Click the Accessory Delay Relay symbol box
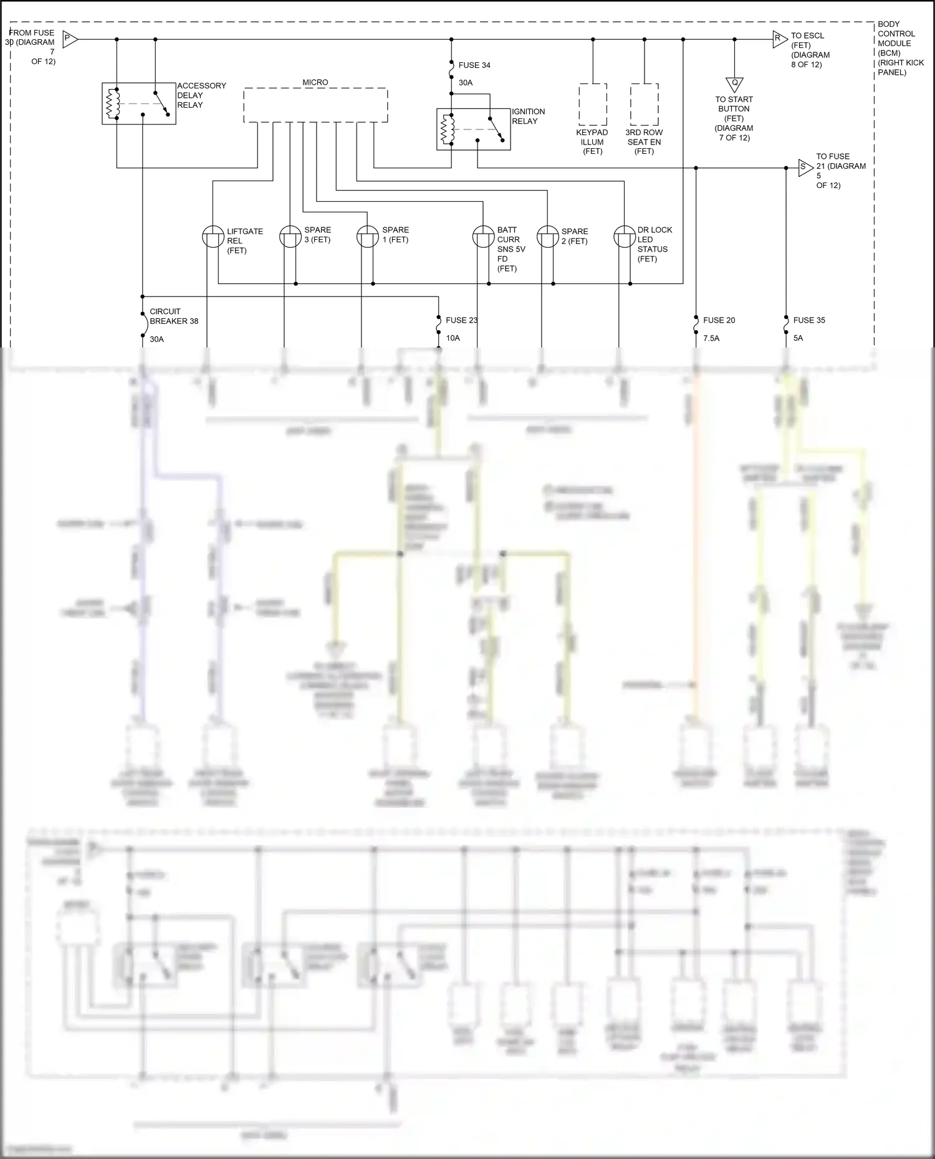click(138, 103)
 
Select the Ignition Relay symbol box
click(473, 129)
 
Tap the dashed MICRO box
click(315, 105)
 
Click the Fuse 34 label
click(474, 65)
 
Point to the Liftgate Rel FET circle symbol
click(213, 237)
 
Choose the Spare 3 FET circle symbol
click(290, 237)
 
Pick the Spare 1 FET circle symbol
click(368, 237)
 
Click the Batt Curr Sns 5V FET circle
click(483, 237)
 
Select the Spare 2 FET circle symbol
click(547, 237)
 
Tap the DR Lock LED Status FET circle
click(625, 237)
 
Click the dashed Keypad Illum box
click(593, 105)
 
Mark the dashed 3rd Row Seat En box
click(644, 105)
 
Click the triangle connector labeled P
click(70, 39)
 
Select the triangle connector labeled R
click(779, 39)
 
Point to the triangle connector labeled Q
click(734, 84)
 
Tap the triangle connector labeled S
click(805, 168)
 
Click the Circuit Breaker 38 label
click(174, 316)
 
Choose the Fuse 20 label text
click(719, 320)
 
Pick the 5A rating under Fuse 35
click(798, 338)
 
